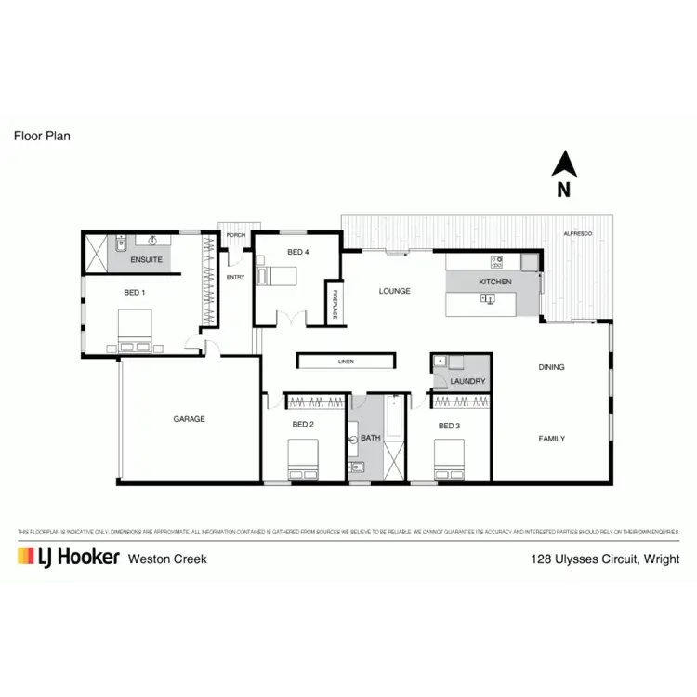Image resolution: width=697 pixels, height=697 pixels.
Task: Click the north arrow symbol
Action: tap(564, 165)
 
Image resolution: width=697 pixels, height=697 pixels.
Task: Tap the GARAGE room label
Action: tap(189, 419)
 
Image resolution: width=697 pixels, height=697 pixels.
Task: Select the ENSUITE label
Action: tap(146, 259)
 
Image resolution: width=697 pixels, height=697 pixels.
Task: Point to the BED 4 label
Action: tap(297, 252)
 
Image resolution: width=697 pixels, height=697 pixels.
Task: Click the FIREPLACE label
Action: tap(333, 304)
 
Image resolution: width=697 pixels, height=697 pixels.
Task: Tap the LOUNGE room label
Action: tap(394, 291)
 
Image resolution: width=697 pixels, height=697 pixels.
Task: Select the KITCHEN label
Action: tap(494, 282)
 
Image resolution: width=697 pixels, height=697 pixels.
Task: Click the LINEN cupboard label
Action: tap(346, 361)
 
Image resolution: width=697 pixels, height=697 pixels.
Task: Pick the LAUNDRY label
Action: tap(467, 382)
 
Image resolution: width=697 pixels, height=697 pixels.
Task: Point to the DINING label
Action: tap(551, 367)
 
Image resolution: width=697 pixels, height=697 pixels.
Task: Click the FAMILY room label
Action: tap(551, 439)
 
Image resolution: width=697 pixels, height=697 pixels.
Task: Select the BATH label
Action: tap(371, 438)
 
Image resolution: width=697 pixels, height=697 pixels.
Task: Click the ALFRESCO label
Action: tap(577, 234)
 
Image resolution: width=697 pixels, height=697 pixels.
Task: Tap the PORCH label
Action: tap(236, 235)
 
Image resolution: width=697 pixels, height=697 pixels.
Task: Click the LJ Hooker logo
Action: tap(68, 558)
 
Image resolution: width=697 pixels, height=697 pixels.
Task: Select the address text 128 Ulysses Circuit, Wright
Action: tap(604, 559)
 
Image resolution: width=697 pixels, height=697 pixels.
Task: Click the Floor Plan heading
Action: tap(42, 136)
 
